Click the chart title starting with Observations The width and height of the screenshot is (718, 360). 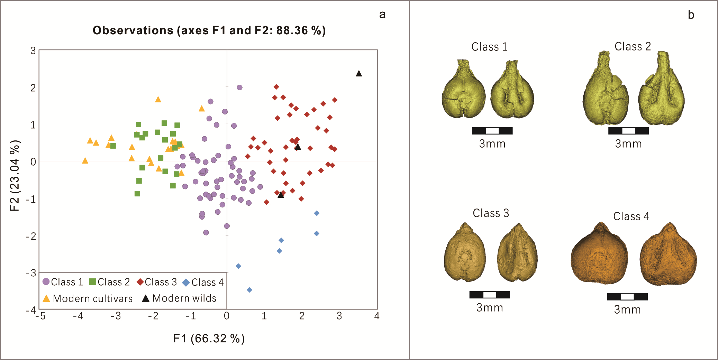click(x=209, y=30)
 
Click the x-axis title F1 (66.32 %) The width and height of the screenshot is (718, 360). click(x=209, y=338)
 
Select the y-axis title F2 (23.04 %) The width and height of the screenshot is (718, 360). click(x=15, y=176)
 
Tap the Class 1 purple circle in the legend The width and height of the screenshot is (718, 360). click(x=46, y=281)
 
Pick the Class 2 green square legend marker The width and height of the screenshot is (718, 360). click(x=93, y=281)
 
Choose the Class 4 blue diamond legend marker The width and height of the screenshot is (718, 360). click(x=186, y=283)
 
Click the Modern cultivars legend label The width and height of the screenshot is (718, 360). click(x=93, y=298)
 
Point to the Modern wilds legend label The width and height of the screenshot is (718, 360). click(x=184, y=298)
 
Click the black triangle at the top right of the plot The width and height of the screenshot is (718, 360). click(x=359, y=74)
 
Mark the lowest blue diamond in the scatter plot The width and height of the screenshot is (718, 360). click(x=249, y=290)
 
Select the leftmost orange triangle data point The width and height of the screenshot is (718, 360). click(x=85, y=161)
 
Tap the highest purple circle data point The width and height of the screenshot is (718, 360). click(x=239, y=87)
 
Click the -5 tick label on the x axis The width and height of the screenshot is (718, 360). click(x=40, y=316)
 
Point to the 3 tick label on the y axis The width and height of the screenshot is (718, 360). click(x=33, y=51)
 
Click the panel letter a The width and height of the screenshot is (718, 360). click(x=382, y=15)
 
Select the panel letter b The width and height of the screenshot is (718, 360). click(x=691, y=15)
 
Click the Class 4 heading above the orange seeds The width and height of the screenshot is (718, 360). click(x=631, y=216)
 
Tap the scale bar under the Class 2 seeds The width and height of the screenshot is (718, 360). click(x=628, y=131)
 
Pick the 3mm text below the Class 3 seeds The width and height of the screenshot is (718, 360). click(x=490, y=307)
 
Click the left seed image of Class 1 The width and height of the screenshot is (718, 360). click(x=464, y=90)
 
